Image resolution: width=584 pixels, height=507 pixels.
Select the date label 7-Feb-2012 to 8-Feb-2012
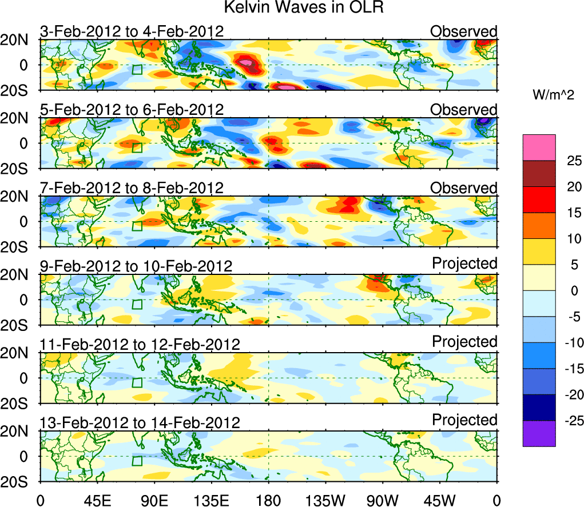point(132,187)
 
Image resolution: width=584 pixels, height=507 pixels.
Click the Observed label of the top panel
point(464,31)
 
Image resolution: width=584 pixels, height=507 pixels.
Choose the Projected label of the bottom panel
point(464,420)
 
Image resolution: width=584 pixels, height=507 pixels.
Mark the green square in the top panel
point(137,70)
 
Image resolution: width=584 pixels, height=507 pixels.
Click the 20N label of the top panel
point(19,40)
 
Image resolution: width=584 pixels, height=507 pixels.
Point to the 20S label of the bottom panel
point(19,481)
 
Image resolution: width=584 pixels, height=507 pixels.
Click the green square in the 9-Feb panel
point(137,304)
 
